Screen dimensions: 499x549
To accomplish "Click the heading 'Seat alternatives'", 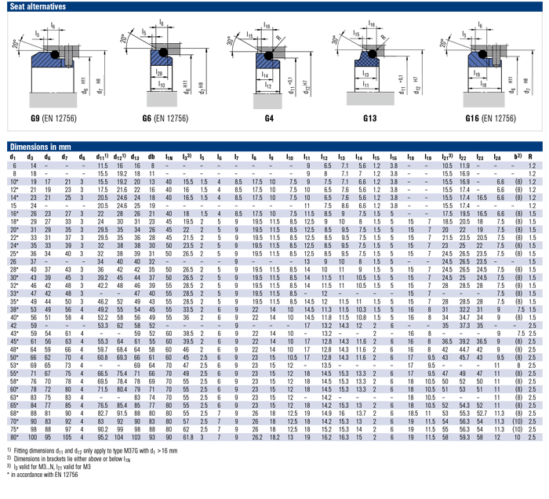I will pyautogui.click(x=34, y=6).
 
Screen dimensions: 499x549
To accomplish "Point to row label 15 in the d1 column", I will pyautogui.click(x=13, y=205).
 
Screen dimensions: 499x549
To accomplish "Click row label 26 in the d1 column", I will pyautogui.click(x=13, y=260).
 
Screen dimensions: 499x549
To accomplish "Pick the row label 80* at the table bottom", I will pyautogui.click(x=14, y=437).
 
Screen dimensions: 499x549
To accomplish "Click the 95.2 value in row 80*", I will pyautogui.click(x=103, y=437).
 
